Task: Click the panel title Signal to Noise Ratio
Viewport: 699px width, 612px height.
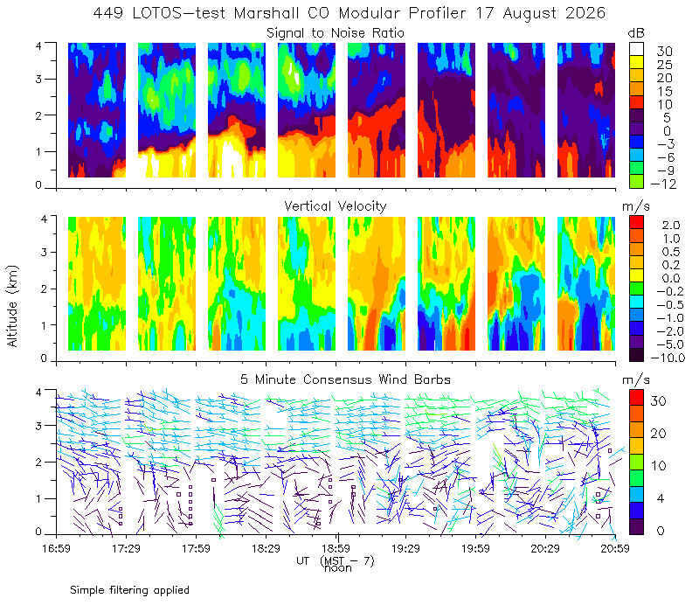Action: click(x=336, y=33)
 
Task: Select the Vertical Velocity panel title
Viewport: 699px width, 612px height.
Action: click(x=336, y=206)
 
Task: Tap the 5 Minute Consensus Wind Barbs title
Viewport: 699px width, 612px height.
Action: click(x=345, y=379)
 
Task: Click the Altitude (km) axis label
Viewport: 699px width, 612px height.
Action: click(x=12, y=306)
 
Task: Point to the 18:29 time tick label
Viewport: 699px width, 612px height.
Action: click(x=266, y=548)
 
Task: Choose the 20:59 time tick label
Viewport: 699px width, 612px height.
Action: click(x=615, y=548)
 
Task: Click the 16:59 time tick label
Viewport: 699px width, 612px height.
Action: click(x=56, y=548)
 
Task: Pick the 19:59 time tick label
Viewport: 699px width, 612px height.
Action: click(x=475, y=548)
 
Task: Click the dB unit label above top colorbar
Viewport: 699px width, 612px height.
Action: click(x=636, y=33)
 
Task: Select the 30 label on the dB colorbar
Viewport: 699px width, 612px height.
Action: click(x=664, y=52)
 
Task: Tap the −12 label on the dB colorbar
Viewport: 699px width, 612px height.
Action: click(x=663, y=184)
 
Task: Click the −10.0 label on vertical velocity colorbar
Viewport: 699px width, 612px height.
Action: click(x=668, y=358)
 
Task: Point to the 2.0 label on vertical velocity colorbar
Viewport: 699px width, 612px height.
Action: click(x=671, y=226)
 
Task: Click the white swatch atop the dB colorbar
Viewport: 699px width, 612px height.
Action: click(x=637, y=49)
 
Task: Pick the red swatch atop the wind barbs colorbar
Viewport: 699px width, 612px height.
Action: click(x=637, y=398)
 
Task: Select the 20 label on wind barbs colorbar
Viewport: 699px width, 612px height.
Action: click(x=659, y=433)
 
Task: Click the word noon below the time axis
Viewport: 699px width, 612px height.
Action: click(x=338, y=568)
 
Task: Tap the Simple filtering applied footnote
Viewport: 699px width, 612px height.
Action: click(x=129, y=590)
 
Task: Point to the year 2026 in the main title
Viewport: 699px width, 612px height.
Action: click(x=585, y=13)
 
